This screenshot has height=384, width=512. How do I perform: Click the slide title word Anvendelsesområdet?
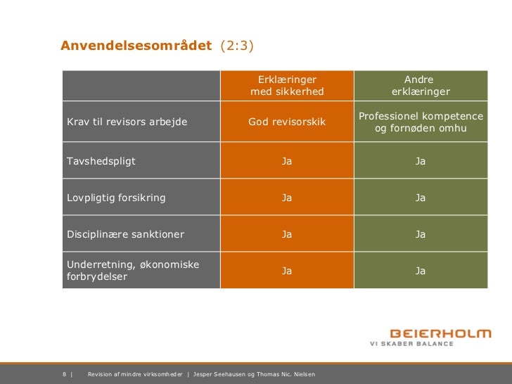136,46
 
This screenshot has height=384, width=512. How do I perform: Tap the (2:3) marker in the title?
237,46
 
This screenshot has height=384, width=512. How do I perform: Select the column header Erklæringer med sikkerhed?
287,86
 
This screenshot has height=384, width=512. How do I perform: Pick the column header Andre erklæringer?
420,86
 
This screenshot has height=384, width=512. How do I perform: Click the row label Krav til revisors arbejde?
127,122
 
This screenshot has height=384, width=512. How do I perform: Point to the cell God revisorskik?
287,122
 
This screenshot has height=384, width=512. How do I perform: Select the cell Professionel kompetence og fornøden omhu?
421,122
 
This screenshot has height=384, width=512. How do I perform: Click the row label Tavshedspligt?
101,161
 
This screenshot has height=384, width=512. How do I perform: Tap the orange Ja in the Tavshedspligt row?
287,161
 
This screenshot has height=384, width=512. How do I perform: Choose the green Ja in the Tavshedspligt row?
420,161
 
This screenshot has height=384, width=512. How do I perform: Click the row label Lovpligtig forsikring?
116,198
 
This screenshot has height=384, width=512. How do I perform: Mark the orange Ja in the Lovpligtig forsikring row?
287,198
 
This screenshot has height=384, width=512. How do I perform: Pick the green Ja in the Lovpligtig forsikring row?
420,198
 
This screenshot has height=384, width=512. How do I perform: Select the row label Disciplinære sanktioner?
125,234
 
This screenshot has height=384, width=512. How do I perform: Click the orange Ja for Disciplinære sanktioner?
287,234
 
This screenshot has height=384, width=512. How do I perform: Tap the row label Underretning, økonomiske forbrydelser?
132,271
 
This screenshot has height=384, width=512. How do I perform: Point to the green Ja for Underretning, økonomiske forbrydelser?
420,270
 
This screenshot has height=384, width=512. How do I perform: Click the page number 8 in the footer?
65,373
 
